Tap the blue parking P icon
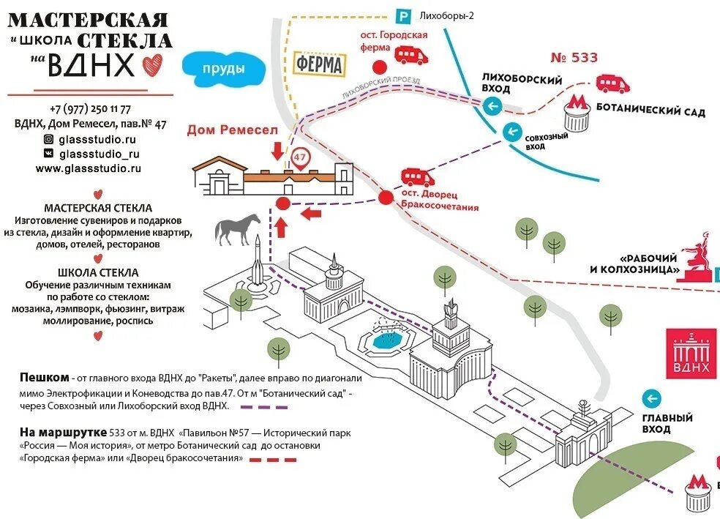[x=402, y=15]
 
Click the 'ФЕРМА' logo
[x=320, y=64]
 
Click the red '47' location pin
[x=300, y=157]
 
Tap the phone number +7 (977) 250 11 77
[x=91, y=108]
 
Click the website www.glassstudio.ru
[x=89, y=168]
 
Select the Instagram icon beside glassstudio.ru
[x=48, y=139]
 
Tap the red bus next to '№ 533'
[x=613, y=83]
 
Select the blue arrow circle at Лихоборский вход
[x=493, y=107]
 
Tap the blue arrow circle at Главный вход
[x=650, y=398]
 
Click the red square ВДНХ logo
[x=692, y=353]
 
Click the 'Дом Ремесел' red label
[x=233, y=130]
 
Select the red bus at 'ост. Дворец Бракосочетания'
[x=417, y=177]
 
